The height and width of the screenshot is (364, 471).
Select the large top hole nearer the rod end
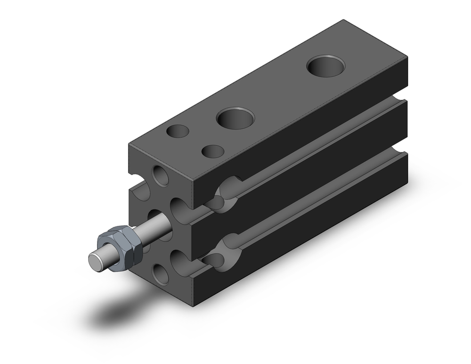[x=235, y=118]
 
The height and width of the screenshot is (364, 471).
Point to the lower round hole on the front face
[x=161, y=274]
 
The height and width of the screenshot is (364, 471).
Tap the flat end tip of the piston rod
[x=97, y=260]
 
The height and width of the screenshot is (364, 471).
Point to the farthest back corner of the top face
[x=344, y=20]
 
